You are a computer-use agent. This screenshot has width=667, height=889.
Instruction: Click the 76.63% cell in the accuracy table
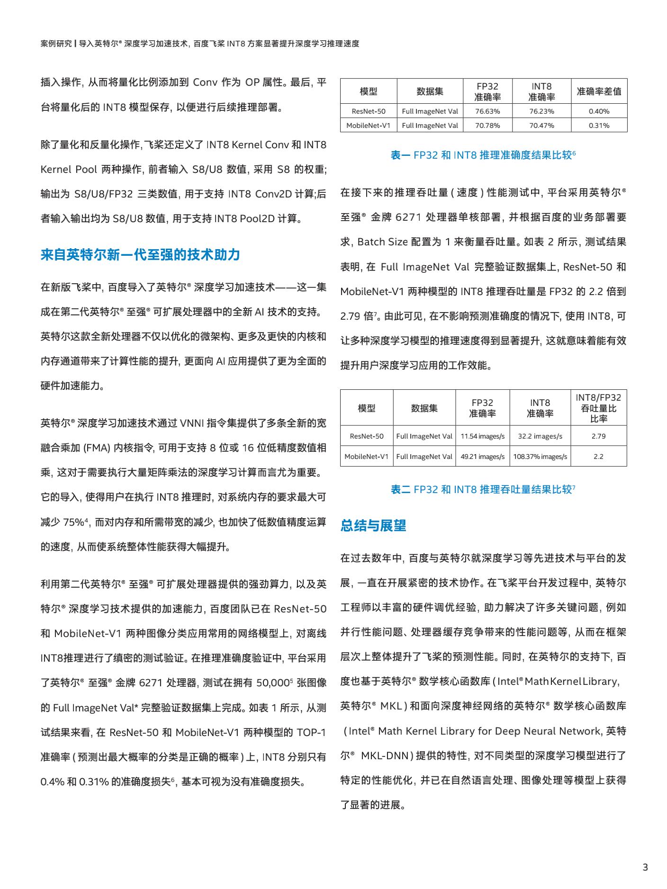(x=487, y=111)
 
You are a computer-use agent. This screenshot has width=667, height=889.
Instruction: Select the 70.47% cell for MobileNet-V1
(x=541, y=126)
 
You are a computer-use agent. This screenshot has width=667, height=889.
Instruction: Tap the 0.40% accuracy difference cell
(x=599, y=111)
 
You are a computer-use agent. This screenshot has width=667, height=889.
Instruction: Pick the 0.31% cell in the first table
(x=599, y=126)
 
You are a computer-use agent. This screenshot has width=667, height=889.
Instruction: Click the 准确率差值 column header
(x=599, y=91)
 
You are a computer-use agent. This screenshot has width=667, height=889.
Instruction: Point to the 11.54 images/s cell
(x=482, y=436)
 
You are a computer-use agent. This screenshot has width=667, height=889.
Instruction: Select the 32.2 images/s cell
(x=540, y=436)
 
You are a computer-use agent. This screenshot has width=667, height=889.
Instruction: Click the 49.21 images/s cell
(x=482, y=457)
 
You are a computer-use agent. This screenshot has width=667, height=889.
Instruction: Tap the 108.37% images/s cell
(x=540, y=457)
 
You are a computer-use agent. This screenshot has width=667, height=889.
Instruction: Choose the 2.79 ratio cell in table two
(x=598, y=436)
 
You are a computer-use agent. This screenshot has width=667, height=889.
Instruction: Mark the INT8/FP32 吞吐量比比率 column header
(x=598, y=408)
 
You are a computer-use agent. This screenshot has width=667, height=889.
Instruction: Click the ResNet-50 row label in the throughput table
(x=367, y=436)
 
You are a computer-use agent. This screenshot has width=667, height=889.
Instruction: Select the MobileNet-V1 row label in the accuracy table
(x=368, y=126)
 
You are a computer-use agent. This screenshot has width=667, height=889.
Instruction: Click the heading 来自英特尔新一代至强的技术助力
(x=140, y=255)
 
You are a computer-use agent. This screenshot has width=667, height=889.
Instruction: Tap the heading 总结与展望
(x=373, y=525)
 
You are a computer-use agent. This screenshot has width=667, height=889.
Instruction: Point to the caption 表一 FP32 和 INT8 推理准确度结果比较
(x=483, y=155)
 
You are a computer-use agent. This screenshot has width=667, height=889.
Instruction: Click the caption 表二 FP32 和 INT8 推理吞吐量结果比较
(x=483, y=489)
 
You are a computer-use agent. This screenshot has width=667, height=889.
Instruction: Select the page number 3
(x=645, y=868)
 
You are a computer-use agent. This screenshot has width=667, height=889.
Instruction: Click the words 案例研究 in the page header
(x=56, y=44)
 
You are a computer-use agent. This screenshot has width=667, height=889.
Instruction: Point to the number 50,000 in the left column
(x=272, y=683)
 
